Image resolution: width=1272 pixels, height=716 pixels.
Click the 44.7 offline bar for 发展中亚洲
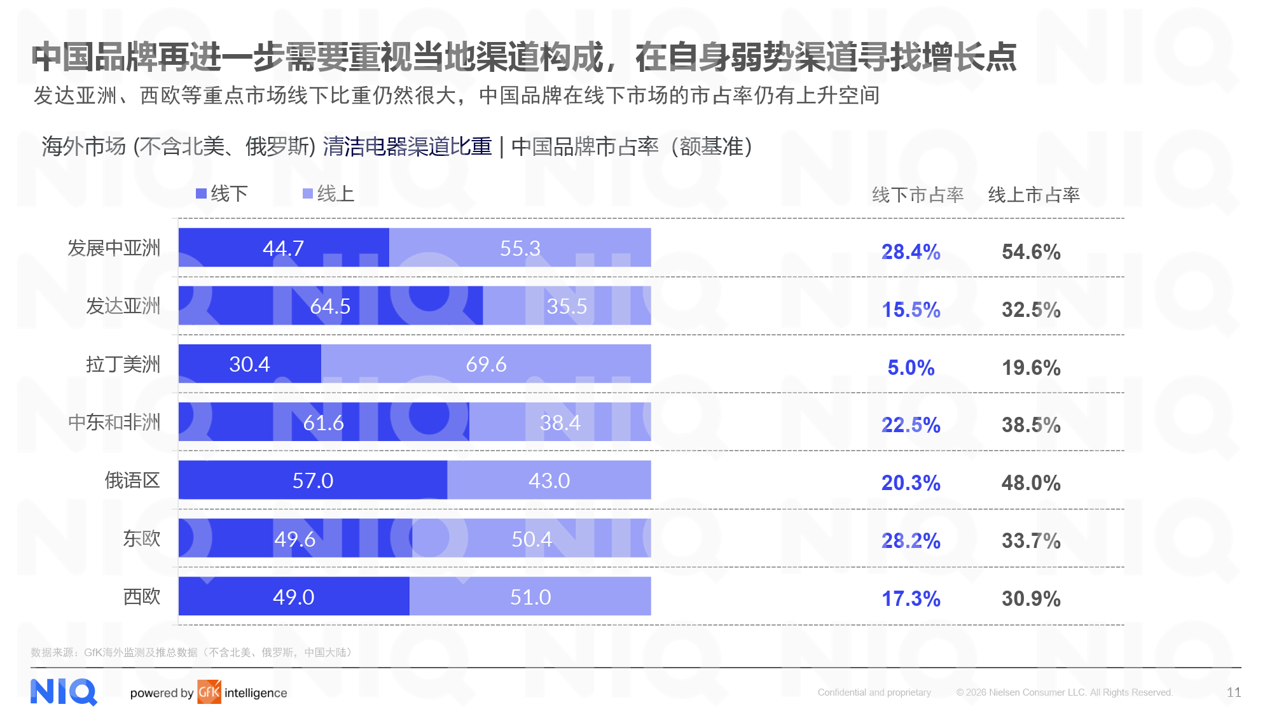point(284,248)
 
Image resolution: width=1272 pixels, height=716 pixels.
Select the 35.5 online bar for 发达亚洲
point(567,306)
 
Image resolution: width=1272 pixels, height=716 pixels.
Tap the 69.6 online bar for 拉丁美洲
point(486,364)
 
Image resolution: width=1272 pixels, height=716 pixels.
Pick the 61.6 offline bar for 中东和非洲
point(323,422)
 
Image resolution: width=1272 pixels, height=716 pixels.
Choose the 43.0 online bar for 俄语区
point(549,481)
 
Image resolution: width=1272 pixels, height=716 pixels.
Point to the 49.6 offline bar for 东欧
point(294,538)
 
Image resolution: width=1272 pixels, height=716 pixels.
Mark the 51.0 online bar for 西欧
point(530,597)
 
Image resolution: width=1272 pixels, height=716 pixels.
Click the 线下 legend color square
point(201,193)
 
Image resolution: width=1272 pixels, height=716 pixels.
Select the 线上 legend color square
point(308,193)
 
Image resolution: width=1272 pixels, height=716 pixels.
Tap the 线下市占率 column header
point(918,195)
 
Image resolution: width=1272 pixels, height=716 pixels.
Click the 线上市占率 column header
point(1034,195)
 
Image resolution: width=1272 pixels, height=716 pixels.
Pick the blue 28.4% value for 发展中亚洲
point(911,252)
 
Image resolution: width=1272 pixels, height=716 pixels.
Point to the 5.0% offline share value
point(911,368)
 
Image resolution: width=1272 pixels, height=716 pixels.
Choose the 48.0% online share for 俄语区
point(1031,483)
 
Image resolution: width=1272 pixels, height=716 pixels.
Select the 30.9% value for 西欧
point(1031,599)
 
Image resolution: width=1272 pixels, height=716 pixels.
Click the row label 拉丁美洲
point(123,365)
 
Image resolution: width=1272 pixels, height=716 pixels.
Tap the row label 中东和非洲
point(114,423)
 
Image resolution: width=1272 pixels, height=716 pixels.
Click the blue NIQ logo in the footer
point(64,692)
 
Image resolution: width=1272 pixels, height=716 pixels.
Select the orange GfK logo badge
point(209,692)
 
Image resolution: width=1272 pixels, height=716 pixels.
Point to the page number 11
point(1234,692)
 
